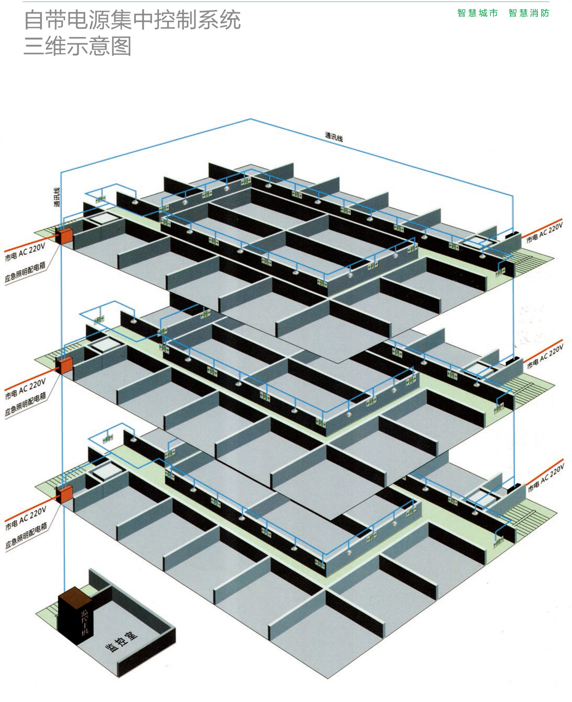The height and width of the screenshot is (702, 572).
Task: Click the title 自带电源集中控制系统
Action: pyautogui.click(x=132, y=20)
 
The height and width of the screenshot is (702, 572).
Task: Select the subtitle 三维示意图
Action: pyautogui.click(x=77, y=46)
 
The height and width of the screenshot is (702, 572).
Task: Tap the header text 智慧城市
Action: pyautogui.click(x=477, y=13)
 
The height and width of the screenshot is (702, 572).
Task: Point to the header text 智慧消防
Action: pyautogui.click(x=529, y=13)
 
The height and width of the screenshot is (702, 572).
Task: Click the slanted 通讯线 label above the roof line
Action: pyautogui.click(x=334, y=137)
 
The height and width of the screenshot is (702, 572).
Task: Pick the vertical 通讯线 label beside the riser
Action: pyautogui.click(x=57, y=197)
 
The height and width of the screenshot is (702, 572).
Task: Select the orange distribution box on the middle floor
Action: pyautogui.click(x=65, y=365)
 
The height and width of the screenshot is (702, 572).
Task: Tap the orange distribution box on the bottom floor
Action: pyautogui.click(x=65, y=494)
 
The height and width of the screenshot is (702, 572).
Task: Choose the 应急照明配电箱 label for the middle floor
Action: pyautogui.click(x=26, y=404)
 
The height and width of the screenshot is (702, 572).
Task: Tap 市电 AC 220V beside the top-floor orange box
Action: pyautogui.click(x=25, y=252)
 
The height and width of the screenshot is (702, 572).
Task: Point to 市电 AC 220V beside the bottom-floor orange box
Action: pyautogui.click(x=26, y=518)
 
